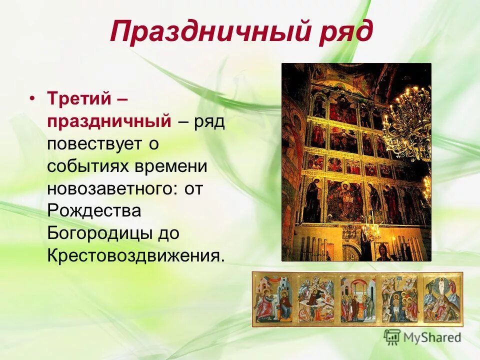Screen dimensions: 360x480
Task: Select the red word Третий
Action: point(78,98)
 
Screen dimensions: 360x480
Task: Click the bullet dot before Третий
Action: point(32,98)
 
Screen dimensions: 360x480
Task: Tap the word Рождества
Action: point(94,211)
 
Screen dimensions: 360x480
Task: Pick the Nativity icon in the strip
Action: point(315,299)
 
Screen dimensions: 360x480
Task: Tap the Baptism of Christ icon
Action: point(399,299)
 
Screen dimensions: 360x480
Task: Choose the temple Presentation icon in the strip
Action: point(357,299)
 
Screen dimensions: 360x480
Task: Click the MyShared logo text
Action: point(431,337)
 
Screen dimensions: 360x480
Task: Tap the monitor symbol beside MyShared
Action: point(392,336)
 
